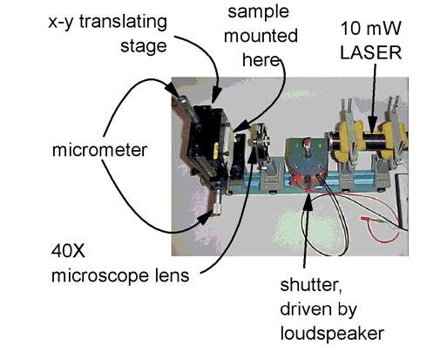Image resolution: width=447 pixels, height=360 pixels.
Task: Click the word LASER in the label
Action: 371,52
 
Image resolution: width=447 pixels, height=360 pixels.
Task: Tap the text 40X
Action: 68,251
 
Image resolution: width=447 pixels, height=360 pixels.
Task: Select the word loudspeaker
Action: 332,334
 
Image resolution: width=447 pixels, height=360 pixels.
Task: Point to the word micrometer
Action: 99,150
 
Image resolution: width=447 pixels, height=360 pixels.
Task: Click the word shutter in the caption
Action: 311,285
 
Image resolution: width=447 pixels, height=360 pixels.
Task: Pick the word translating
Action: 123,22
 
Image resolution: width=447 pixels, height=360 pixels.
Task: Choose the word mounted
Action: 261,36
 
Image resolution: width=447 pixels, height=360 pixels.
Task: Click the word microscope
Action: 100,275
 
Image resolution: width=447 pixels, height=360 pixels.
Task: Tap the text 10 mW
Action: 371,28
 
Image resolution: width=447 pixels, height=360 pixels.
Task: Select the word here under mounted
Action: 261,60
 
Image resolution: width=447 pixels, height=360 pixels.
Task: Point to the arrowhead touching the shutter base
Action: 308,201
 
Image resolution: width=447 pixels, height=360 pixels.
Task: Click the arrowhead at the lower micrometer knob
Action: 206,218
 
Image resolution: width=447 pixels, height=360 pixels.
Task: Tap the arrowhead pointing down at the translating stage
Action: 216,95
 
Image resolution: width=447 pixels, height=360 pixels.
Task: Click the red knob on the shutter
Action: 307,143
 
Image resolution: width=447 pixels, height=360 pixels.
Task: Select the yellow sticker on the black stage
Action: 216,151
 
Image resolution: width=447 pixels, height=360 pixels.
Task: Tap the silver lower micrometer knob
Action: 217,208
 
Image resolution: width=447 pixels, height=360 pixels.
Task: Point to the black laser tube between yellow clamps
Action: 373,139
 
